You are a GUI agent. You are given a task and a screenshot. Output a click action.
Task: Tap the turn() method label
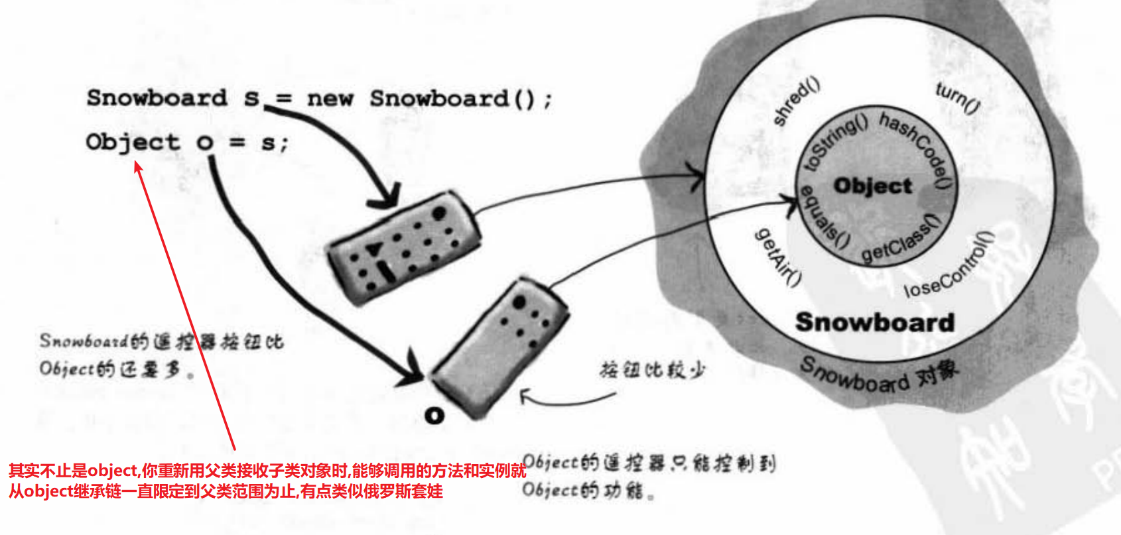click(957, 97)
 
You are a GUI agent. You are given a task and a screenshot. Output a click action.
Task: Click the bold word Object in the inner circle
click(873, 186)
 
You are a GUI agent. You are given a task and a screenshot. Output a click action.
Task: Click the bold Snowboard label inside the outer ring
click(875, 322)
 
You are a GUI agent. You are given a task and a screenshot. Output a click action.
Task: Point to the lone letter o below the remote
click(434, 416)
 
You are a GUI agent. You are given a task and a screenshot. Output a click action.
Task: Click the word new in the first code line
click(330, 99)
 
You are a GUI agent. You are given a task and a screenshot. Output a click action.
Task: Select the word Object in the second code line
click(133, 142)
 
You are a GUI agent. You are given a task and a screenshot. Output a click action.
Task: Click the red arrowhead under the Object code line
click(138, 166)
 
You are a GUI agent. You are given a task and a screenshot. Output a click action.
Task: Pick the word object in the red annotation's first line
click(113, 471)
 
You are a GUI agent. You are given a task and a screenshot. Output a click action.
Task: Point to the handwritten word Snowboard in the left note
click(84, 341)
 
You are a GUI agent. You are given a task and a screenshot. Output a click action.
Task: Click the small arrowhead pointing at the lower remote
click(524, 396)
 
